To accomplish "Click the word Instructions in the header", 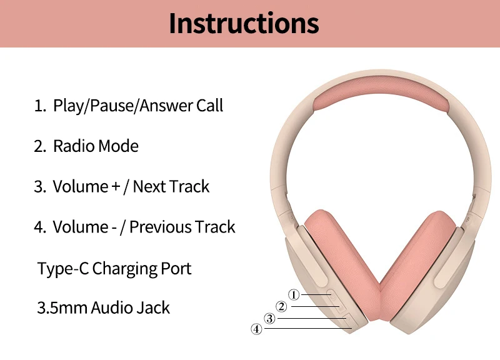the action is pyautogui.click(x=244, y=23).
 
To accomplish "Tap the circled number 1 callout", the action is pyautogui.click(x=294, y=294).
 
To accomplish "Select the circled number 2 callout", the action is pyautogui.click(x=281, y=306).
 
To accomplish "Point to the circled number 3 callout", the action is pyautogui.click(x=270, y=318).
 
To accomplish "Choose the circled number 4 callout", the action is pyautogui.click(x=256, y=329).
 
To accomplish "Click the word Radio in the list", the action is pyautogui.click(x=74, y=146).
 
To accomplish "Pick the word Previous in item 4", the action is pyautogui.click(x=160, y=227).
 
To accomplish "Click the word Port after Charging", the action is pyautogui.click(x=176, y=269).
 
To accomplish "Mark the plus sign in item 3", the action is pyautogui.click(x=116, y=187).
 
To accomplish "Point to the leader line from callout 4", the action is pyautogui.click(x=308, y=328).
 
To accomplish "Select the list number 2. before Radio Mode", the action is pyautogui.click(x=40, y=146).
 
